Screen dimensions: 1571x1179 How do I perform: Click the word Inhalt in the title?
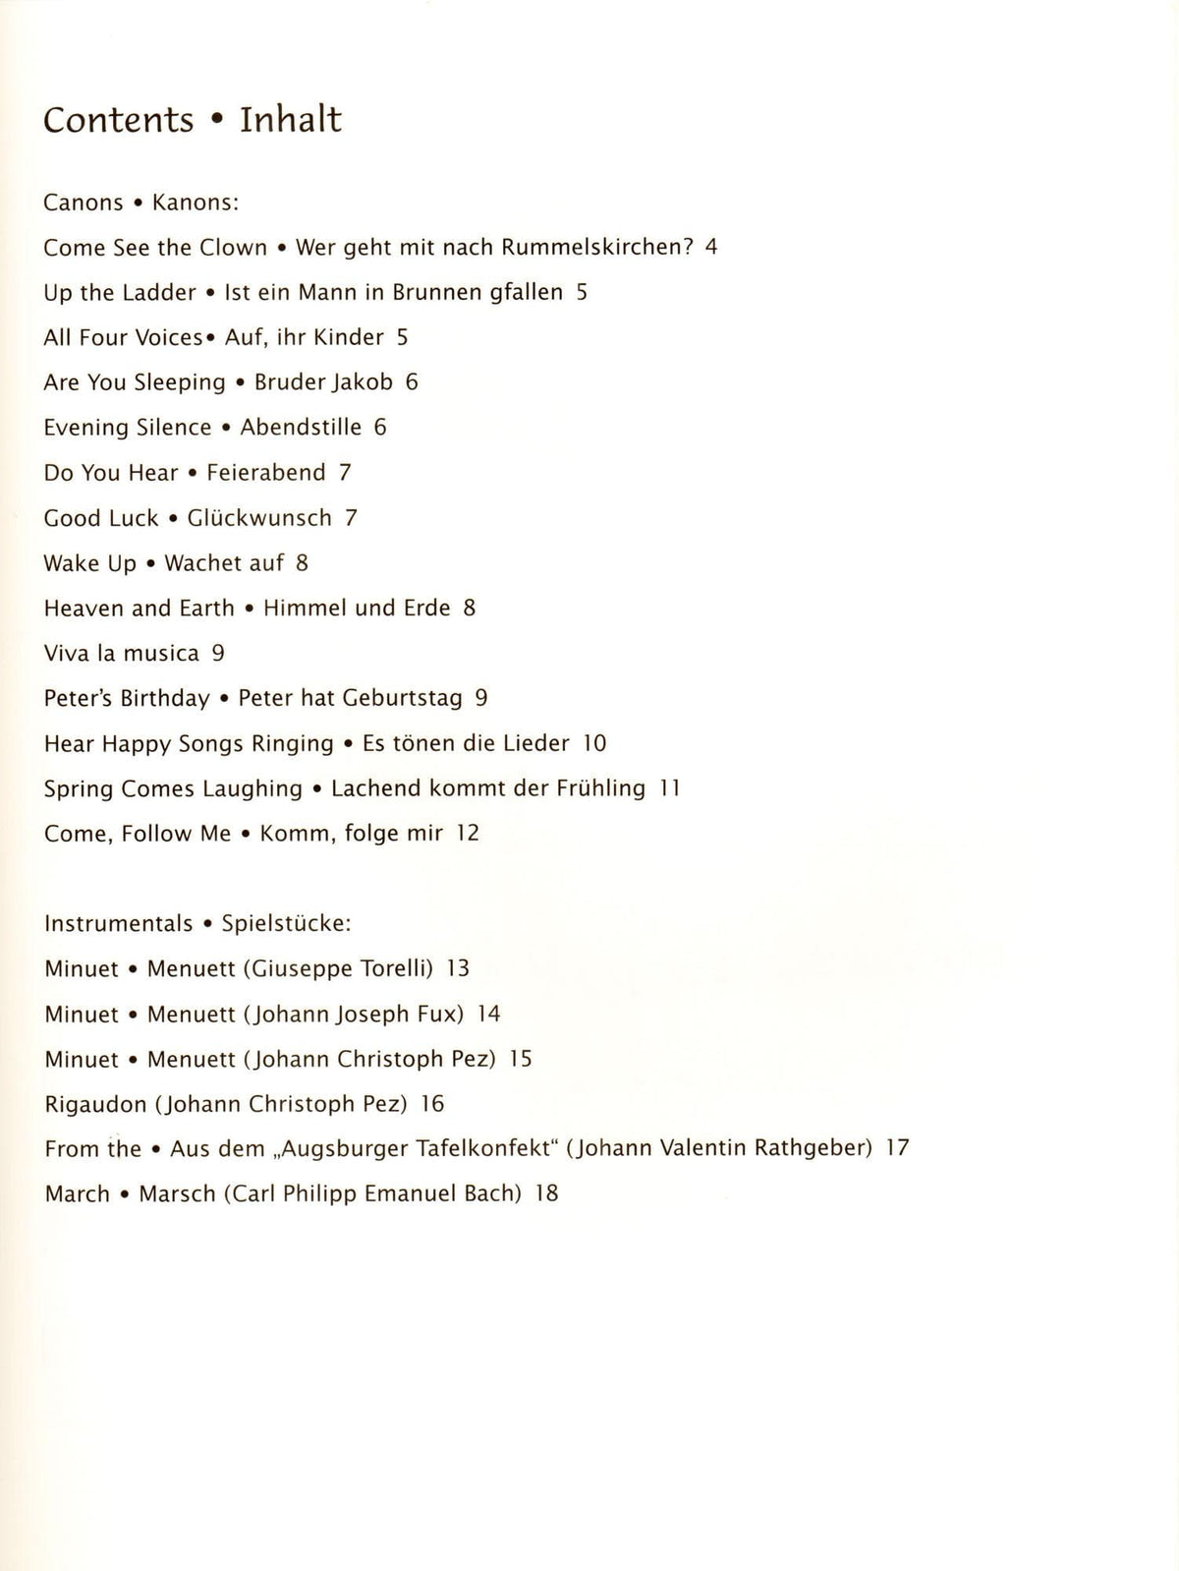point(291,120)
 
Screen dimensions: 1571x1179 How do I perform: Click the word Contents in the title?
point(119,120)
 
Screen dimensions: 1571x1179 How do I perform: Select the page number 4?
point(710,247)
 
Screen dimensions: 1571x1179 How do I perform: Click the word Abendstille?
point(301,428)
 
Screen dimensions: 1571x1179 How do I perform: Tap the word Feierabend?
point(265,473)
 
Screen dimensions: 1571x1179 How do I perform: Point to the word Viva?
point(66,654)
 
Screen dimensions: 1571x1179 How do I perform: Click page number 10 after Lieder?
point(594,744)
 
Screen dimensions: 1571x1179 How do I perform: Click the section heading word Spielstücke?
point(285,924)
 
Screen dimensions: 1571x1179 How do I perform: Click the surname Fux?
point(441,1015)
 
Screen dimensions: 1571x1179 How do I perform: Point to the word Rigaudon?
point(95,1104)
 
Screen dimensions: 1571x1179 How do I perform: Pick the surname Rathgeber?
point(814,1148)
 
